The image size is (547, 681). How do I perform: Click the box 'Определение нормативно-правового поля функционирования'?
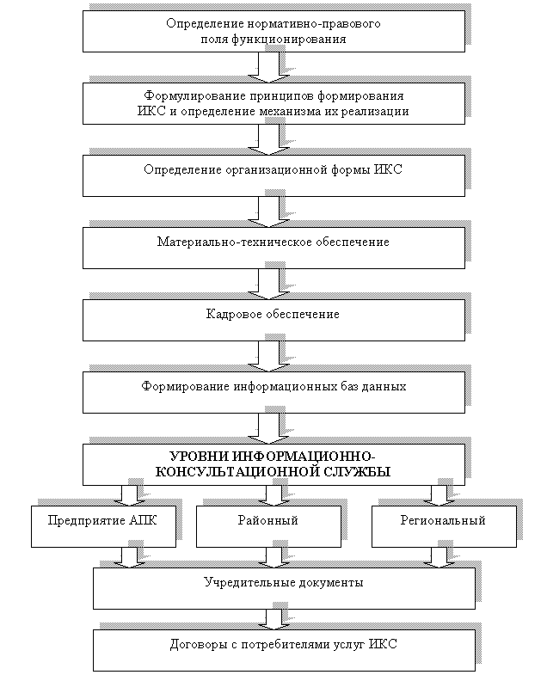pos(273,31)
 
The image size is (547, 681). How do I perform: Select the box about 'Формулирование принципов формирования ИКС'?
pos(273,103)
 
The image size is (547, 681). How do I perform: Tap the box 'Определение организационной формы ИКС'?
pos(273,175)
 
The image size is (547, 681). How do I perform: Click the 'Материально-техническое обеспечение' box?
pos(273,248)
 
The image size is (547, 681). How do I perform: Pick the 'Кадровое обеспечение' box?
pos(273,320)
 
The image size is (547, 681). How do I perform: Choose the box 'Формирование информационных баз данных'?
pos(273,392)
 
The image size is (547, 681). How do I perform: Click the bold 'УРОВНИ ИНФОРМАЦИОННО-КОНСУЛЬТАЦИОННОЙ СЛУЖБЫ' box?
pos(273,464)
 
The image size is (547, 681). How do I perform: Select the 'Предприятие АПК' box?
pos(103,526)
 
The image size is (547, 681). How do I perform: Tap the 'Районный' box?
pos(268,526)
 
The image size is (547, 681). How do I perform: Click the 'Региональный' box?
pos(444,526)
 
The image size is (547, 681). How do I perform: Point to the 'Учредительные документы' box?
pos(284,588)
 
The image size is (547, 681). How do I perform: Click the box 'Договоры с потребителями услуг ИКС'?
pos(284,650)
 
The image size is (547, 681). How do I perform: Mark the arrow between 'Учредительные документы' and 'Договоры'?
pos(273,618)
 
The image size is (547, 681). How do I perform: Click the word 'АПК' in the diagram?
pos(144,520)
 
